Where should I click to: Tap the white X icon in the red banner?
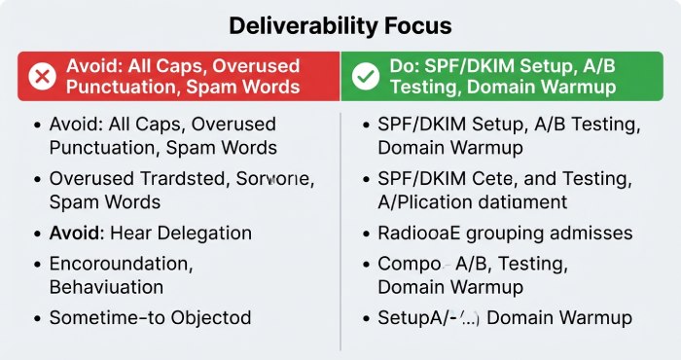pos(42,76)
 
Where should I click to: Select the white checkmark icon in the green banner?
pos(365,76)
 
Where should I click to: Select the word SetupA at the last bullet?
pos(410,318)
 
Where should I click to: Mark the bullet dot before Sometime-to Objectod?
pos(36,318)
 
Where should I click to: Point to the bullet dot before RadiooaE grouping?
pos(365,234)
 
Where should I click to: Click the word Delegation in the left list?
pos(202,234)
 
